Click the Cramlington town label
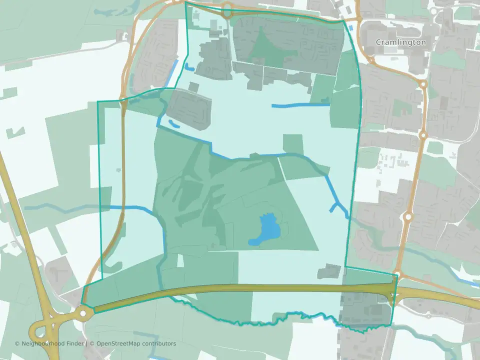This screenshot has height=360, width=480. [401, 42]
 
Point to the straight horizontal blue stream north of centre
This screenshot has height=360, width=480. [300, 105]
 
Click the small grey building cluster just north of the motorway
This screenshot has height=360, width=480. [329, 271]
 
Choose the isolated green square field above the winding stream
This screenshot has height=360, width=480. [292, 143]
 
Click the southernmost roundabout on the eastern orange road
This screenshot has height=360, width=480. [408, 217]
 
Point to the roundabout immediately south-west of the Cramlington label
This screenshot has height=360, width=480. [371, 60]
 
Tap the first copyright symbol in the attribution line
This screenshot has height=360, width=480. [17, 343]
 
